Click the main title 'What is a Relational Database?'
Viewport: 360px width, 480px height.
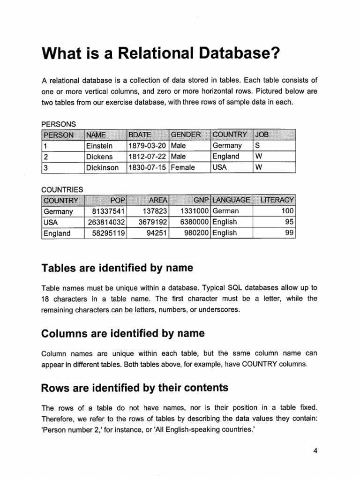(160, 52)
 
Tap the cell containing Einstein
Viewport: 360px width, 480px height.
(99, 146)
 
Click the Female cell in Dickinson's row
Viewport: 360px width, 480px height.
(183, 167)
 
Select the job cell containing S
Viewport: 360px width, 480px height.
(257, 146)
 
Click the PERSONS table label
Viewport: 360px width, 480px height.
(59, 124)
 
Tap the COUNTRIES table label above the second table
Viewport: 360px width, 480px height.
(62, 190)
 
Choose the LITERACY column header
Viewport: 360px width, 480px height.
(277, 201)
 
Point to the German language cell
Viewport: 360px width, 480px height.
(226, 211)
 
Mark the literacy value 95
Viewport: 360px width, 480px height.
(289, 222)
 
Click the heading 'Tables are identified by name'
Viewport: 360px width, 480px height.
(117, 268)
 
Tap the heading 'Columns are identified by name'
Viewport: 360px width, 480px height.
(123, 333)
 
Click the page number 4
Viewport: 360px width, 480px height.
(315, 451)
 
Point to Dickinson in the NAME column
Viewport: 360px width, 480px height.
(103, 167)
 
